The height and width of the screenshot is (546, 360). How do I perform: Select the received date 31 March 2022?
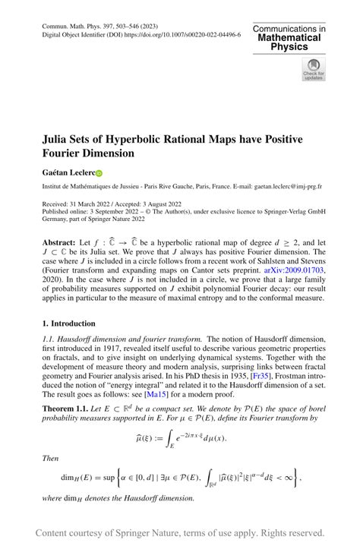pos(95,204)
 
